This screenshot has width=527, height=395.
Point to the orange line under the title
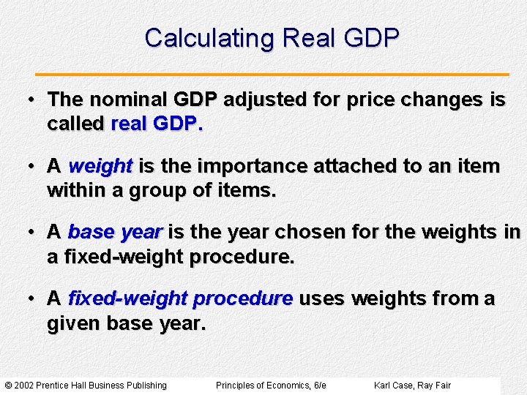(x=273, y=75)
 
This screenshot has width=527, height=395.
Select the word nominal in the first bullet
(x=127, y=100)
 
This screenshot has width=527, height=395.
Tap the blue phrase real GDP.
(x=156, y=124)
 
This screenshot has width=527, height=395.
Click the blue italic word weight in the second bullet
(x=100, y=167)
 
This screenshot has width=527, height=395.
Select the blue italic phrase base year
(x=114, y=233)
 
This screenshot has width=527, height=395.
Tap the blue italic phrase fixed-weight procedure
(x=180, y=299)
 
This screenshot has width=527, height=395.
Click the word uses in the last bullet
(x=322, y=299)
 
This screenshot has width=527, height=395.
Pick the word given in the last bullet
(x=74, y=323)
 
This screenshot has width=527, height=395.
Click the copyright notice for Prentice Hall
(x=86, y=385)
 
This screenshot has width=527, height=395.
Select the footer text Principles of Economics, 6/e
(x=271, y=385)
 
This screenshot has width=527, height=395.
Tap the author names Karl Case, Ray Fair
(x=412, y=385)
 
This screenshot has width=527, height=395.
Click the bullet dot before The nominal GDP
(x=33, y=100)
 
